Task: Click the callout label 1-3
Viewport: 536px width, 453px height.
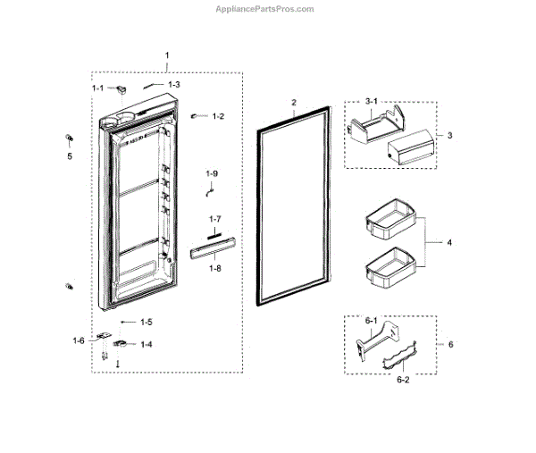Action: click(x=173, y=85)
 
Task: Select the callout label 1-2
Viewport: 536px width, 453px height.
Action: click(x=218, y=117)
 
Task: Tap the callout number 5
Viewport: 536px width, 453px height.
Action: click(x=69, y=155)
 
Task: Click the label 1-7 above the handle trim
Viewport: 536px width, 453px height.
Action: click(x=214, y=219)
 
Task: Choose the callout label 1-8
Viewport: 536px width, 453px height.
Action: click(x=214, y=266)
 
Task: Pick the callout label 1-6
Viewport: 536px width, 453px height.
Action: click(x=79, y=340)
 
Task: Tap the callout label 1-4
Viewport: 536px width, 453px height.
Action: click(x=144, y=344)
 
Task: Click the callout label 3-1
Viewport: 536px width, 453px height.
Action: click(x=373, y=103)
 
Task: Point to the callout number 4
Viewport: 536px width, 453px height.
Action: click(x=449, y=242)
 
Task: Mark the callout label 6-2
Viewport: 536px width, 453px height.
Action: click(x=403, y=380)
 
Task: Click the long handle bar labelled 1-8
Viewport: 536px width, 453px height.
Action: click(x=213, y=247)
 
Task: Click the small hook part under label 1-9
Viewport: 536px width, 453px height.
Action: click(x=210, y=189)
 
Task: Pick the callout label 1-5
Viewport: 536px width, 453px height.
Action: click(x=145, y=322)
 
